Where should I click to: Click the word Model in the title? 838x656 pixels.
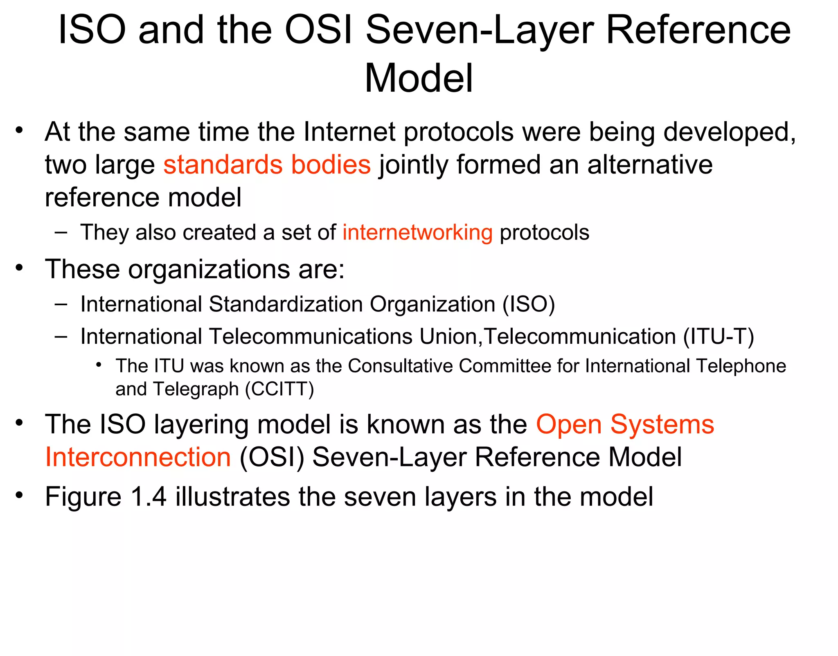coord(419,78)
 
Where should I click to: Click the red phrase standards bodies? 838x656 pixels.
coord(267,165)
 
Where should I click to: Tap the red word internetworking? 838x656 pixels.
coord(417,232)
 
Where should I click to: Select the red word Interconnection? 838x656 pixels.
coord(138,457)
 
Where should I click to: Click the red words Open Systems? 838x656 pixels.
coord(625,424)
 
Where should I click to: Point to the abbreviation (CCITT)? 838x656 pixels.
coord(279,389)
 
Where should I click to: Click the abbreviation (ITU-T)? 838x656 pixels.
coord(719,336)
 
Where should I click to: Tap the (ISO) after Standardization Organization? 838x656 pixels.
coord(529,304)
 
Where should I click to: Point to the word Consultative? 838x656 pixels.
coord(400,366)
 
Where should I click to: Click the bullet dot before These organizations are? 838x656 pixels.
coord(19,268)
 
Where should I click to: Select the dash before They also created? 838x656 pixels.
coord(61,232)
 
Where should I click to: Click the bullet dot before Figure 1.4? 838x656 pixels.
coord(19,495)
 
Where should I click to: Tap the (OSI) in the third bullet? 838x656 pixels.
coord(272,457)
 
